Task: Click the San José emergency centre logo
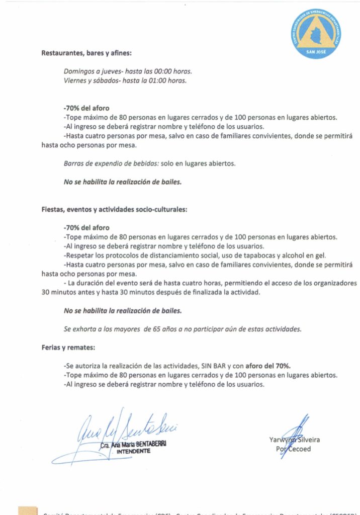(x=316, y=33)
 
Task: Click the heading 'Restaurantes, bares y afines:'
(x=86, y=53)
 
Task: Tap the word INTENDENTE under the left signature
(x=133, y=452)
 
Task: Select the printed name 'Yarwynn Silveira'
(x=295, y=440)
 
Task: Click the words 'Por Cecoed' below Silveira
(x=294, y=449)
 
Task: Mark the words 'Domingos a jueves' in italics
(x=89, y=71)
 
